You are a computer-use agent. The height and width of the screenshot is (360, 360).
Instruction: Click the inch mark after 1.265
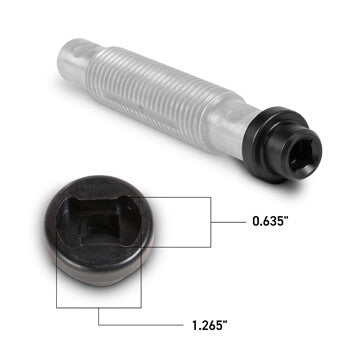(226, 320)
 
